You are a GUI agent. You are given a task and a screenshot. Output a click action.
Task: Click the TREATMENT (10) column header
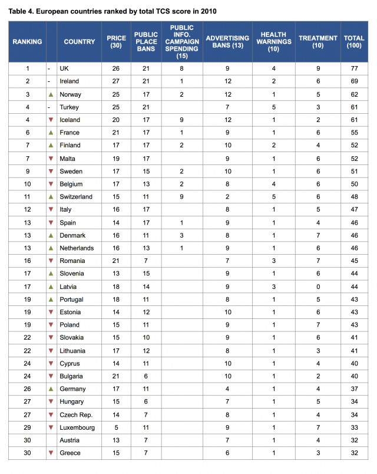point(318,42)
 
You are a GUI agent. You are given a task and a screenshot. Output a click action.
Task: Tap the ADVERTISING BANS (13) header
point(227,42)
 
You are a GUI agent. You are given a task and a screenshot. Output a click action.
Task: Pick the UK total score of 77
point(354,68)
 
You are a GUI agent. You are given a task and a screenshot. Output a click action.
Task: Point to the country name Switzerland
point(76,197)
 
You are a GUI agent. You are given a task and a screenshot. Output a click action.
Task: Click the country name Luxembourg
point(77,427)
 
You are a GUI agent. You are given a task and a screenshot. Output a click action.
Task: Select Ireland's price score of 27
point(115,81)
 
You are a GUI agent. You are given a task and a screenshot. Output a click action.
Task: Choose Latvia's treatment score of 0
point(318,287)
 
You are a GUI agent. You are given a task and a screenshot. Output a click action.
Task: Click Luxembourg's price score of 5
point(115,427)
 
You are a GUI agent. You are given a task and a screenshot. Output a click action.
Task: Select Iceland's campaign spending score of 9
point(181,120)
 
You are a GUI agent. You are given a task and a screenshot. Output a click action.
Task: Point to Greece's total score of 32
point(354,453)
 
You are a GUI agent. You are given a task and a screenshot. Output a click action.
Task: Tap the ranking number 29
point(27,427)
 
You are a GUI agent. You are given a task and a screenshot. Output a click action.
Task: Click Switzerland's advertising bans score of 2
point(227,197)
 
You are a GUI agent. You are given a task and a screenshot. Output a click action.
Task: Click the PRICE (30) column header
point(116,42)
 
